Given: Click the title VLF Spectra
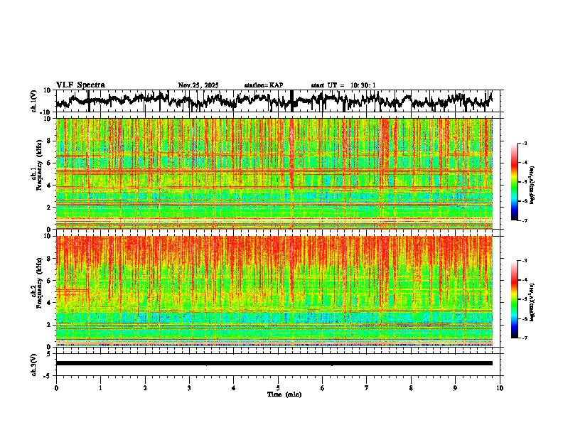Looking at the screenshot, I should click(x=80, y=85).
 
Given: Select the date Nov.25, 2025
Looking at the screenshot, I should click(x=198, y=85).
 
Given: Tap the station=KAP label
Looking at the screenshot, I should click(x=263, y=85).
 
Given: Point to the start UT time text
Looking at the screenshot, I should click(x=343, y=85).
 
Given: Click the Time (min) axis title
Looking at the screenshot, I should click(x=284, y=394).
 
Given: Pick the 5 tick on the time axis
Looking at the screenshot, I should click(x=278, y=388).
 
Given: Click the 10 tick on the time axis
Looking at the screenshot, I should click(x=500, y=388).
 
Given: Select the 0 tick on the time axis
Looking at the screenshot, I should click(x=56, y=388).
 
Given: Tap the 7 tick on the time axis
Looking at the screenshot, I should click(x=367, y=388).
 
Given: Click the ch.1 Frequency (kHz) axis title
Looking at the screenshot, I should click(x=33, y=174).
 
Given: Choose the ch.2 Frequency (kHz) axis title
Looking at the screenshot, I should click(x=33, y=291).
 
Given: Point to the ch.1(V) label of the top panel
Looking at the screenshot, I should click(x=34, y=101).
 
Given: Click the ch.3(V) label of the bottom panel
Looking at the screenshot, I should click(x=34, y=363).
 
